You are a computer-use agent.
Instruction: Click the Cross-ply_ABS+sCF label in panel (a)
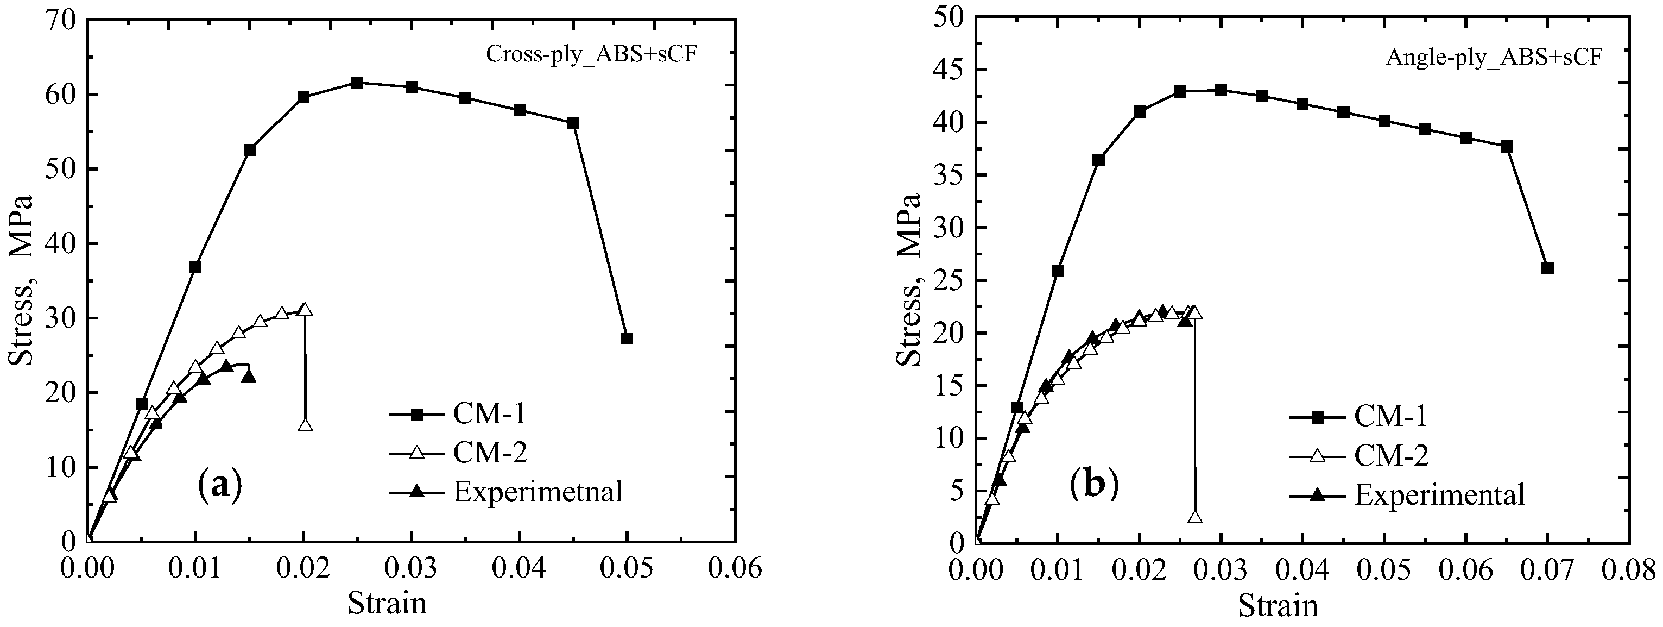[x=591, y=54]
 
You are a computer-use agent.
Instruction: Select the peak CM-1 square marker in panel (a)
[x=357, y=83]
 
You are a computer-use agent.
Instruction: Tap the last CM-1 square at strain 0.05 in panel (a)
[x=626, y=338]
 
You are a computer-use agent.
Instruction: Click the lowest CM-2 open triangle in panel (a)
[x=305, y=425]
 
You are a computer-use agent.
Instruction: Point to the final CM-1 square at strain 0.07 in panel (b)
[x=1547, y=268]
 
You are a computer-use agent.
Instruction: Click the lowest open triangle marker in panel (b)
[x=1195, y=517]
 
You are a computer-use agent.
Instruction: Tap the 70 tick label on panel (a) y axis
[x=61, y=20]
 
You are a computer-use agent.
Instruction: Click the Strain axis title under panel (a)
[x=387, y=603]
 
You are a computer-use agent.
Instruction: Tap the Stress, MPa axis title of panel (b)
[x=909, y=280]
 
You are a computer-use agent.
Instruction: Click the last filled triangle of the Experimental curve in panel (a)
[x=249, y=376]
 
